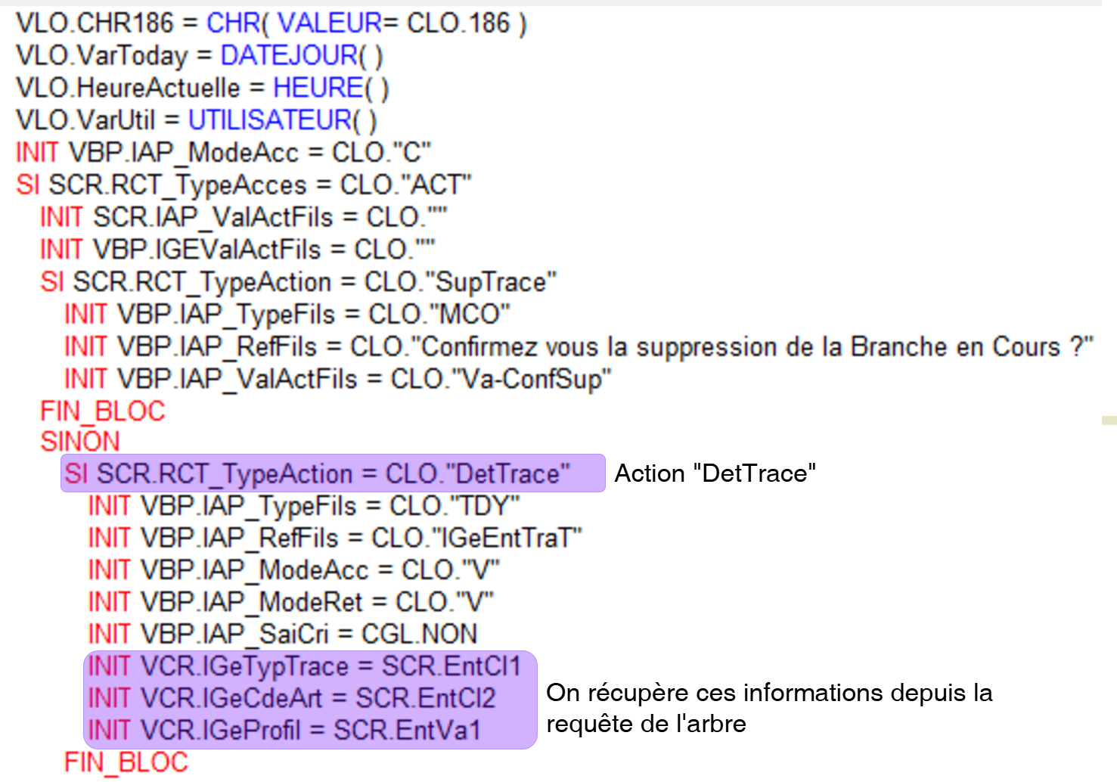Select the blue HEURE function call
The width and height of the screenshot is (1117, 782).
(318, 88)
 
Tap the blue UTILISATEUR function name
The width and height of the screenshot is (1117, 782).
(269, 120)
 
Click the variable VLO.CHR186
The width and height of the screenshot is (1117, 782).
(95, 23)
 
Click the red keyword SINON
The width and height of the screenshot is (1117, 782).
(80, 442)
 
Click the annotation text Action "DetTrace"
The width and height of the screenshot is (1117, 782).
(715, 473)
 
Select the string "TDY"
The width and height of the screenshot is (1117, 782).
(485, 506)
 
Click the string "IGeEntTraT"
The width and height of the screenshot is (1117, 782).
(506, 538)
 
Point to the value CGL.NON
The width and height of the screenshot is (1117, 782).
(419, 634)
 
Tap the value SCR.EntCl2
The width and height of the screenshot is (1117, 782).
(425, 698)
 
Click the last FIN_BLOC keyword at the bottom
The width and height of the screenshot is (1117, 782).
(126, 762)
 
